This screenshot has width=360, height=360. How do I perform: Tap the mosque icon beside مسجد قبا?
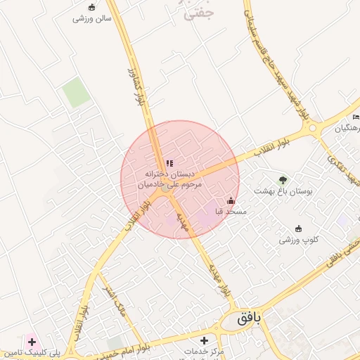click(x=231, y=201)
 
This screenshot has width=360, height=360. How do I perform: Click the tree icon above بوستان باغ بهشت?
click(x=283, y=180)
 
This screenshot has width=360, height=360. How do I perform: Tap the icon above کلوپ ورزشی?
click(x=299, y=229)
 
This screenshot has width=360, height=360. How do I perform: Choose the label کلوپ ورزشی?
click(x=299, y=240)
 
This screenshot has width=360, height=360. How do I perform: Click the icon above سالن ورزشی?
click(x=91, y=7)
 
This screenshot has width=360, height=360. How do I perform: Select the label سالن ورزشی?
click(x=92, y=18)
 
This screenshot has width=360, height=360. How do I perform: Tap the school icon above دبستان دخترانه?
click(x=169, y=163)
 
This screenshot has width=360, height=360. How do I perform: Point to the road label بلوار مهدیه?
click(x=219, y=277)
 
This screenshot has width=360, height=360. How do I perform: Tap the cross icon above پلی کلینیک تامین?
click(x=32, y=341)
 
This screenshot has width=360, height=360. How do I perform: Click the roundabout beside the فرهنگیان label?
click(x=313, y=129)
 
